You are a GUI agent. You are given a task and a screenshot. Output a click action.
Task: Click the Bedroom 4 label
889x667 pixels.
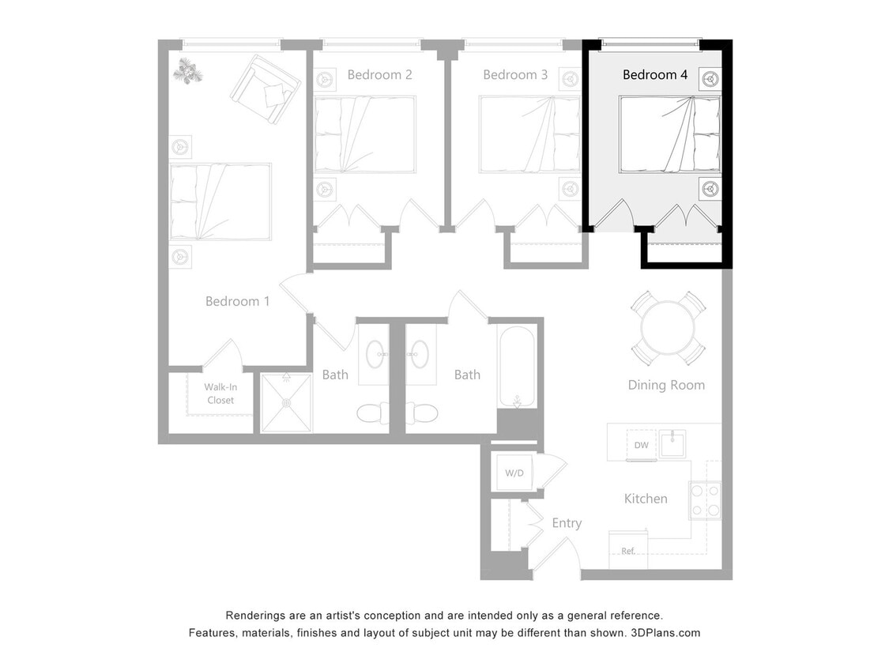(654, 75)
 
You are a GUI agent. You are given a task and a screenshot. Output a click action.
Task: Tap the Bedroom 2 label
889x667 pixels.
(379, 75)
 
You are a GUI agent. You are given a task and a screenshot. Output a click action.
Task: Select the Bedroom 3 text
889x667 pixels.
(515, 75)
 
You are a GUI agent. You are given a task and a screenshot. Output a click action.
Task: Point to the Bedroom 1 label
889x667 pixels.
(237, 301)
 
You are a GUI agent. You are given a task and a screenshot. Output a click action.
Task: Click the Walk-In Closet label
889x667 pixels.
(220, 394)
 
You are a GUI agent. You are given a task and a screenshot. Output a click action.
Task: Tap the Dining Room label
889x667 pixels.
(666, 385)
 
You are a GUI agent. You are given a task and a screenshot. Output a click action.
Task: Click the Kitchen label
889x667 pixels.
(646, 499)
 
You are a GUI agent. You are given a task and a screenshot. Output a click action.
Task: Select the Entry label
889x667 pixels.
(567, 523)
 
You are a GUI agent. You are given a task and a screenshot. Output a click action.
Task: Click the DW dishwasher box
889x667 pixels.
(641, 446)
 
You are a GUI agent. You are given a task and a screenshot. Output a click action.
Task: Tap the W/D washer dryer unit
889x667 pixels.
(514, 473)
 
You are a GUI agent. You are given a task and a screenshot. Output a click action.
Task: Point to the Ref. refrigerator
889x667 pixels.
(628, 550)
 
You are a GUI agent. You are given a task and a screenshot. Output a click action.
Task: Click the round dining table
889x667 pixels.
(668, 328)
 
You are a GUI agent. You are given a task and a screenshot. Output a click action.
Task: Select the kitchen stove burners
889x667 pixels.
(706, 499)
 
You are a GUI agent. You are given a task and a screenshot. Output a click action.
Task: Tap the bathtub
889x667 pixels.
(517, 366)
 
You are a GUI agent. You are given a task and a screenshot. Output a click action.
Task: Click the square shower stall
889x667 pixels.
(286, 402)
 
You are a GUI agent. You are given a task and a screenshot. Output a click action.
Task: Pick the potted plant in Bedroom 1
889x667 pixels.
(188, 71)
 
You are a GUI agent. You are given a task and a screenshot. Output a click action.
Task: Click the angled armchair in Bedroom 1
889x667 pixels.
(266, 89)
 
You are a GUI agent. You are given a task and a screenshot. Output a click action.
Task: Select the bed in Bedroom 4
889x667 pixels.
(669, 134)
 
